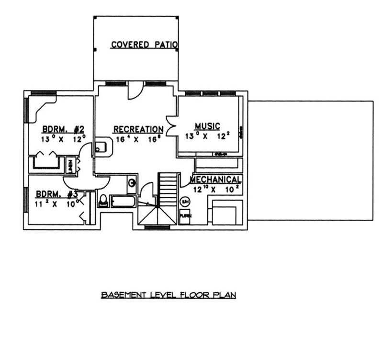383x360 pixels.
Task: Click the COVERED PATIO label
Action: [x=145, y=45]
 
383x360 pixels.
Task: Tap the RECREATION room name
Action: [x=138, y=129]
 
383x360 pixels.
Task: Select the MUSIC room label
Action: [x=207, y=126]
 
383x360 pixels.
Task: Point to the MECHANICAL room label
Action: [x=215, y=180]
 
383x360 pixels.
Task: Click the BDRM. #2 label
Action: [x=63, y=129]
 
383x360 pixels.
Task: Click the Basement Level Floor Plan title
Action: [x=169, y=295]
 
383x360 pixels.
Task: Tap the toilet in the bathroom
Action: [x=103, y=201]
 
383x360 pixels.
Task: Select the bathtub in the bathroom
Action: [x=123, y=201]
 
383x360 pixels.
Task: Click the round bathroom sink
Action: [x=132, y=182]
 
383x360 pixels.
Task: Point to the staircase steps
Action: [x=168, y=189]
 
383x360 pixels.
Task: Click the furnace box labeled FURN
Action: [x=185, y=216]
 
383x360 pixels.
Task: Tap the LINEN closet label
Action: [x=70, y=165]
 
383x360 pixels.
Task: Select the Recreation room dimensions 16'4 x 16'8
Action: [x=138, y=139]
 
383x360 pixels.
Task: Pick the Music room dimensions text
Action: [x=207, y=136]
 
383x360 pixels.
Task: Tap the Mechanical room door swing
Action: [x=185, y=180]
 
